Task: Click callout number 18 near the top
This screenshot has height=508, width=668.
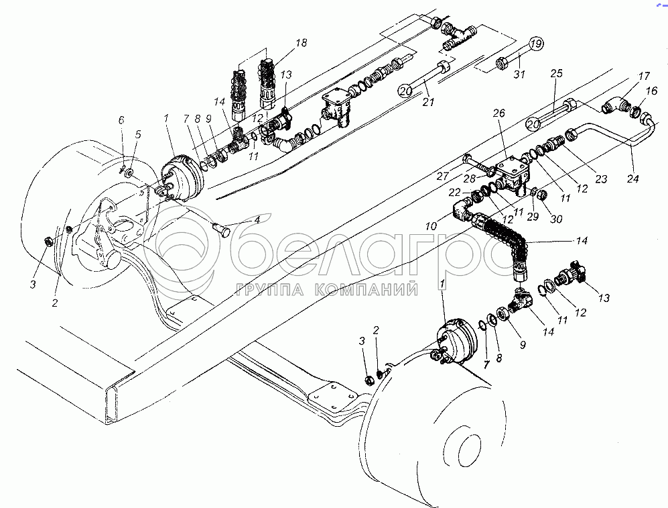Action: pos(302,43)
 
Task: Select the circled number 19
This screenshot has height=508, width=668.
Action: pos(537,44)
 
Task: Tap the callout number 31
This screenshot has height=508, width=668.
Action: pos(519,74)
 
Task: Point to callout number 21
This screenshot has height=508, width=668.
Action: pos(428,101)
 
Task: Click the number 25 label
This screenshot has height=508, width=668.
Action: pos(556,73)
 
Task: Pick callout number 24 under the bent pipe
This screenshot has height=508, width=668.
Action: pos(632,179)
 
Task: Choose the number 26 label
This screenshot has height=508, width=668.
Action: pos(499,113)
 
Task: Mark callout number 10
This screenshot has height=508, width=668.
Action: pos(431,226)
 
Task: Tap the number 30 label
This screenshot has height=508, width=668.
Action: pos(556,219)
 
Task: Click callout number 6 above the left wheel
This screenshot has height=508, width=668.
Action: pos(121,120)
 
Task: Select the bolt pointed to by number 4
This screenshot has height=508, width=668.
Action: pos(220,230)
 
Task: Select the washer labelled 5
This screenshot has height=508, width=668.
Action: pos(128,174)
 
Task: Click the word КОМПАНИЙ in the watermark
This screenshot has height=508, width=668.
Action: pos(366,290)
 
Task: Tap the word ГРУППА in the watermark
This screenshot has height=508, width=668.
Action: pos(269,290)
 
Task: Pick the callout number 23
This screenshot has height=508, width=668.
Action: pos(601,179)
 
